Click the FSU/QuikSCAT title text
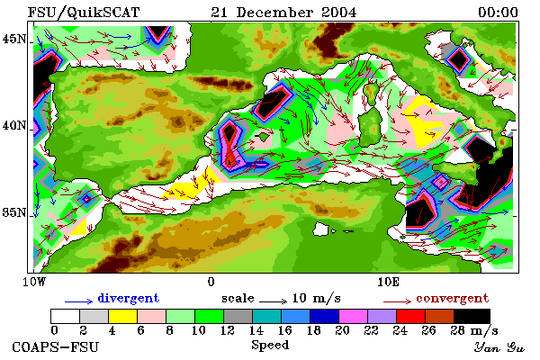[84, 13]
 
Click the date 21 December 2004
[283, 13]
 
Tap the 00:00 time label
[498, 13]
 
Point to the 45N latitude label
[13, 39]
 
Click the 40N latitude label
[13, 125]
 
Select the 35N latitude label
[13, 212]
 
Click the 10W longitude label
[34, 282]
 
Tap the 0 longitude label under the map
[211, 282]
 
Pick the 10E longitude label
[388, 282]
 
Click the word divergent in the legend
[128, 298]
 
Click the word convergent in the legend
[452, 298]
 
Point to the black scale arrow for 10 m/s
[273, 301]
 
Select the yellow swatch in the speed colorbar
[122, 316]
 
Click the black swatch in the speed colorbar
[472, 316]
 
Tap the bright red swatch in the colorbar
[411, 316]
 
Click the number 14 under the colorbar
[256, 330]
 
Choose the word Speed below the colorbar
[270, 346]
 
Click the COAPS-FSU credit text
[55, 346]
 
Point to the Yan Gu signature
[499, 347]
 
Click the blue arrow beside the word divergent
[78, 301]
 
